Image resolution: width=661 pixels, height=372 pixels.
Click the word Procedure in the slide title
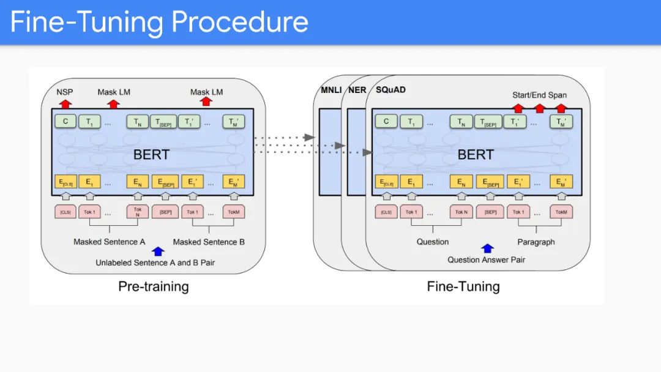click(240, 22)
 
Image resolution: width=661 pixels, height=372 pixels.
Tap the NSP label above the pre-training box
click(65, 92)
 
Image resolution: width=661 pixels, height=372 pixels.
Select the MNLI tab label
click(331, 90)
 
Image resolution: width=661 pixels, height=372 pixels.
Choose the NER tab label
click(357, 90)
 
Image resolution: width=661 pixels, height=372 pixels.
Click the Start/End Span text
click(539, 95)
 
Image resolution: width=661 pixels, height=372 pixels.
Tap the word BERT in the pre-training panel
click(152, 154)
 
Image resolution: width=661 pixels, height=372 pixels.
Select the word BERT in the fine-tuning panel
click(475, 154)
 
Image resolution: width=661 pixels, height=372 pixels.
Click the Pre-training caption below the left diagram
click(154, 286)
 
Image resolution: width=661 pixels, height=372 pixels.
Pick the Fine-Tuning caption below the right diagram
click(463, 286)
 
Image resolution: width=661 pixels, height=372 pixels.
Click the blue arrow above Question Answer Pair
click(487, 248)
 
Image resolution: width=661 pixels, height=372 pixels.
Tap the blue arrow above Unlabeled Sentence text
click(159, 251)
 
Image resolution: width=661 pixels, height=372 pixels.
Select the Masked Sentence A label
click(110, 242)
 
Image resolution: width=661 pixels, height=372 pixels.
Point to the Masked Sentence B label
click(209, 242)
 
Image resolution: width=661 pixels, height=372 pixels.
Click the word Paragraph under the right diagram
click(536, 242)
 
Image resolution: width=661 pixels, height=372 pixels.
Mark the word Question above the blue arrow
click(433, 242)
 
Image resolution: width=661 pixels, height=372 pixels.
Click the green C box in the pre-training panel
click(65, 121)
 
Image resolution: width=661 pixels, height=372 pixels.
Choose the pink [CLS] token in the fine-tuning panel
click(386, 212)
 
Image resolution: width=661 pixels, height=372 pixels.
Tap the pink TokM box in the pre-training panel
click(234, 212)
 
